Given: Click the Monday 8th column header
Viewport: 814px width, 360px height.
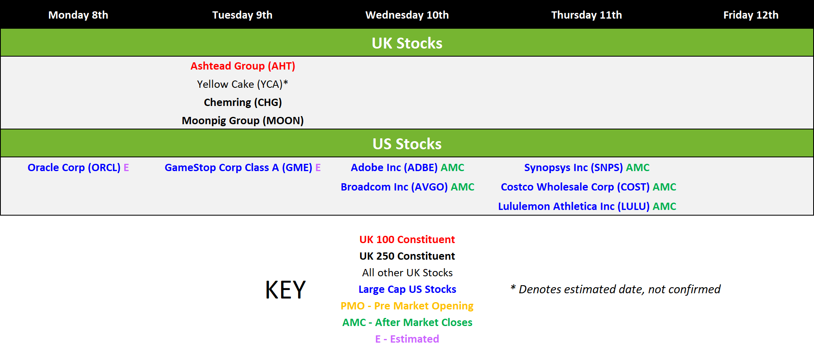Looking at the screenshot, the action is (78, 15).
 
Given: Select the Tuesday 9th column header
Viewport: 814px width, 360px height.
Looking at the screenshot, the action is (242, 15).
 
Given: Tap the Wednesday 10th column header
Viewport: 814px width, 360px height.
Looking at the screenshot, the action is (407, 15).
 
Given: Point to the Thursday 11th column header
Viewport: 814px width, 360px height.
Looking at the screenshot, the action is (587, 15).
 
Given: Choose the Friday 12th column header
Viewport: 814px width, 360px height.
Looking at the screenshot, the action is (751, 15).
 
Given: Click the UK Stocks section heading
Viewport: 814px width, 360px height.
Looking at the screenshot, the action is (407, 43).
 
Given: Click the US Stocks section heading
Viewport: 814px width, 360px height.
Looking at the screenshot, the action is (407, 144).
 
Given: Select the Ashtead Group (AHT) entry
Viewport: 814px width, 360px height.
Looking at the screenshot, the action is (243, 66).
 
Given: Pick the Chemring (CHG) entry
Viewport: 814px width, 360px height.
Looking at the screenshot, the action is (243, 102).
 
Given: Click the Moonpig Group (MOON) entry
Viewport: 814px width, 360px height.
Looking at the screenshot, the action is (243, 121).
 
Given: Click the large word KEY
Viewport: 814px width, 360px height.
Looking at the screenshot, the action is (286, 290).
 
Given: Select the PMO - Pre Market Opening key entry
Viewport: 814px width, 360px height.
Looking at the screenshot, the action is (407, 306).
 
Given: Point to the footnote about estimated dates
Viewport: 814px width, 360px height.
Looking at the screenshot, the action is (615, 289).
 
